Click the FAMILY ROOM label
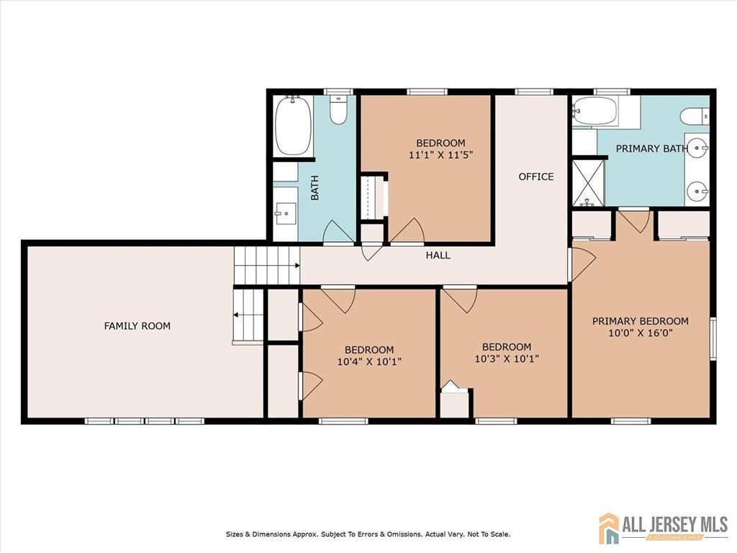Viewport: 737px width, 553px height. pos(137,326)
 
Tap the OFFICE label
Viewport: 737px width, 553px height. pos(535,177)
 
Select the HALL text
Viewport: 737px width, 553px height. pos(438,256)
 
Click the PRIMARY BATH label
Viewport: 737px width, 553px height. pos(652,148)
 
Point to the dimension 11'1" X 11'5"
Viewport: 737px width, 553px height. pos(440,155)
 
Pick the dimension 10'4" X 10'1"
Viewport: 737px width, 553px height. pos(369,361)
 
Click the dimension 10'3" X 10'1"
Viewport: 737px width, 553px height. pos(507,359)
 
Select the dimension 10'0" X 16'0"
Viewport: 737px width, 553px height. pos(640,333)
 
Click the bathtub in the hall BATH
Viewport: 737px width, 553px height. pos(294,126)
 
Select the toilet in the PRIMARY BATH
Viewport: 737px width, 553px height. pos(695,116)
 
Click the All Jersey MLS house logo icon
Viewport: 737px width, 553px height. pos(609,527)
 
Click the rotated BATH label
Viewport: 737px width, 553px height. pos(315,188)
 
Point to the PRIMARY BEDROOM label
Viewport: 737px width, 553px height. pos(640,321)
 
